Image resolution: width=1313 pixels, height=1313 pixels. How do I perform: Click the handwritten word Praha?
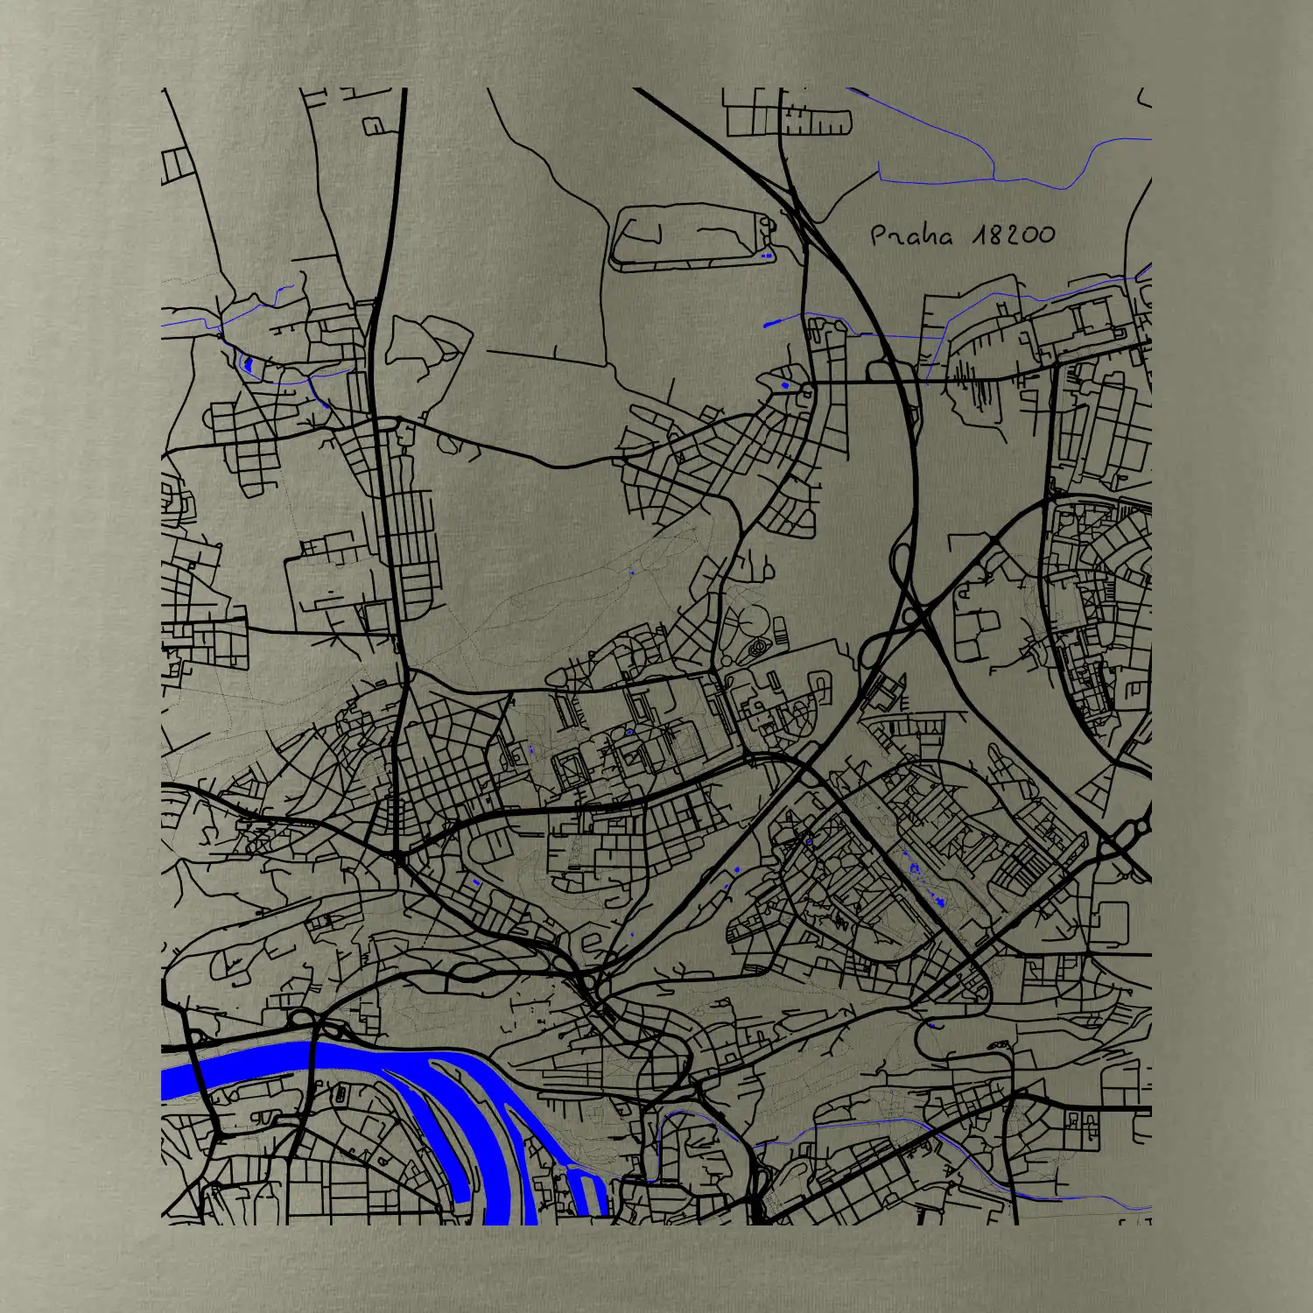tap(911, 235)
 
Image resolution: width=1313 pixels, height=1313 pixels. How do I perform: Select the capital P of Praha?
tap(879, 235)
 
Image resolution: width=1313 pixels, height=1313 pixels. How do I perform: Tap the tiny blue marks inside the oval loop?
tap(767, 256)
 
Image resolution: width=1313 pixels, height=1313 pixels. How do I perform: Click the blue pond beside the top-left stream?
tap(248, 363)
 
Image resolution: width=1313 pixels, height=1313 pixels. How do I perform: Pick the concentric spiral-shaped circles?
tap(756, 649)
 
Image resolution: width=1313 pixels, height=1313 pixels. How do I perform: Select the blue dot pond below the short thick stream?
tap(784, 385)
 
